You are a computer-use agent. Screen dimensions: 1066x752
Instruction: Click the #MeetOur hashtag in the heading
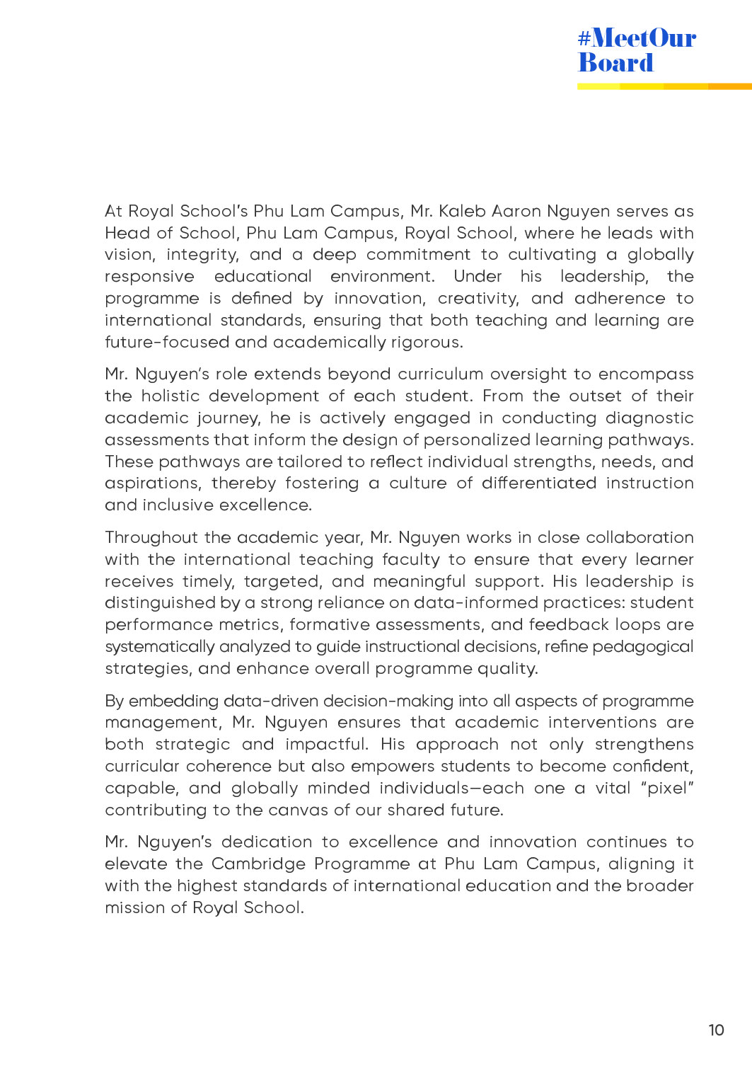(637, 38)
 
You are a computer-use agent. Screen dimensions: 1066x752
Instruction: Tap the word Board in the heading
(615, 63)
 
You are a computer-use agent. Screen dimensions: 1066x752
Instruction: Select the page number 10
(716, 1030)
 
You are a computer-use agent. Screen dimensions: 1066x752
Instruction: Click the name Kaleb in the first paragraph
(462, 211)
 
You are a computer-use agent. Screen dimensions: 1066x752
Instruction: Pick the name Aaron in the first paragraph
(516, 211)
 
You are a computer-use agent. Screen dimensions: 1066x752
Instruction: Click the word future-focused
(167, 343)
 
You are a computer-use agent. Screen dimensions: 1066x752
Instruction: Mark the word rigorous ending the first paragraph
(428, 343)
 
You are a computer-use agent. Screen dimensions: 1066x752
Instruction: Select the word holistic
(170, 396)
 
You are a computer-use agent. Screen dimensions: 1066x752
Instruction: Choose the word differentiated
(539, 483)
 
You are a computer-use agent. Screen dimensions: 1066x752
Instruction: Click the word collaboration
(640, 538)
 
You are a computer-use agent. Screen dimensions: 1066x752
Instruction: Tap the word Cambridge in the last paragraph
(258, 864)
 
